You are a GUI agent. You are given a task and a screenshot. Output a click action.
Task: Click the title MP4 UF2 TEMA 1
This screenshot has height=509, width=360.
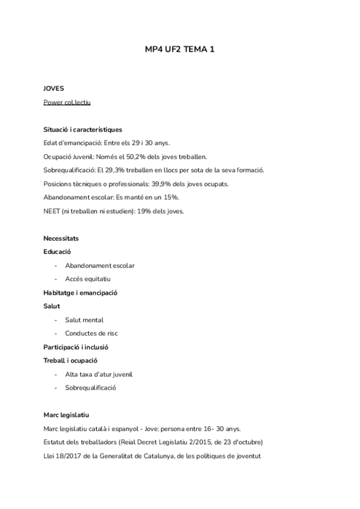[x=180, y=51]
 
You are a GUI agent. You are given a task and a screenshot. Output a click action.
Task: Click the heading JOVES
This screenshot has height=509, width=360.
[x=53, y=88]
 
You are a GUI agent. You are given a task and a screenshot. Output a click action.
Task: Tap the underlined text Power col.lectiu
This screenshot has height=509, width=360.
[x=67, y=102]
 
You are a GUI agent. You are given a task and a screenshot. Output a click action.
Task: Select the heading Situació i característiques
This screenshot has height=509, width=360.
[x=83, y=129]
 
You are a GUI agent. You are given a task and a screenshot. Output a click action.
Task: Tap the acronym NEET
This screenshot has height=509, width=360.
[x=52, y=211]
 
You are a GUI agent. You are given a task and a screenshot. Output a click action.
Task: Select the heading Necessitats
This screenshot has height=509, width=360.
[x=61, y=238]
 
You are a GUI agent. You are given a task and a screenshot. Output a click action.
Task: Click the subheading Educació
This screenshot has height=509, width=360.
[x=58, y=251]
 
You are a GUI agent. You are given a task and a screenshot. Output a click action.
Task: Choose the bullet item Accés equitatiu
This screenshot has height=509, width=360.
[x=88, y=279]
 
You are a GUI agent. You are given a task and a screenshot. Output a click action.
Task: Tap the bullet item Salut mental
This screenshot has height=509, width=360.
[x=84, y=319]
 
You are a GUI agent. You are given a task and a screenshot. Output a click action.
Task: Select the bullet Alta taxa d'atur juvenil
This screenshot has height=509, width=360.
[x=98, y=374]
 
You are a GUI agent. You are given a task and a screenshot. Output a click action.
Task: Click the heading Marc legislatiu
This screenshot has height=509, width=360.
[x=67, y=415]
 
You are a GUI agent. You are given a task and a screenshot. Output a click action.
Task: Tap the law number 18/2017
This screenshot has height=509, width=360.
[x=68, y=456]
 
